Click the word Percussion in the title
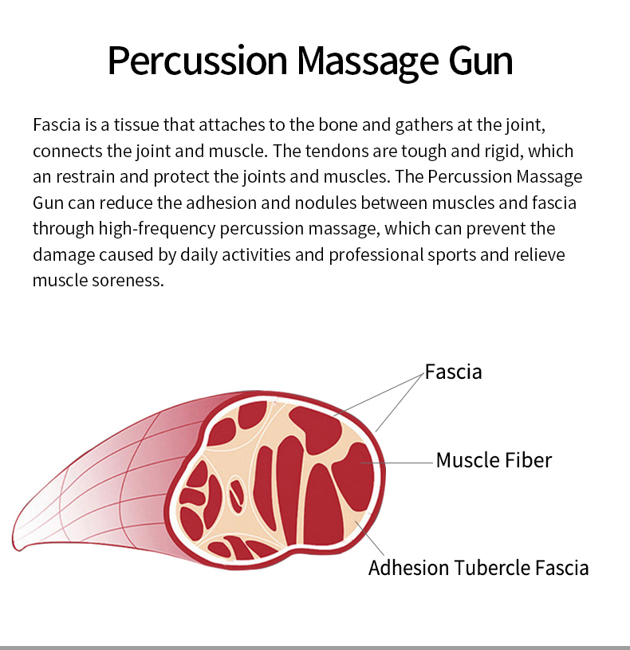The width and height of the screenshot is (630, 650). click(x=197, y=61)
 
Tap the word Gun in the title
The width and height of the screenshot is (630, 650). click(x=481, y=61)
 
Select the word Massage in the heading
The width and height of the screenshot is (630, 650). click(x=367, y=62)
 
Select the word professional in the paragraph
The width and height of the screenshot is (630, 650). click(x=376, y=255)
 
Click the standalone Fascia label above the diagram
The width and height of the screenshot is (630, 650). click(x=454, y=372)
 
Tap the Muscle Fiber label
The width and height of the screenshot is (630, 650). click(x=494, y=460)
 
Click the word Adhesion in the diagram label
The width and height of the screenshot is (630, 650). click(x=408, y=568)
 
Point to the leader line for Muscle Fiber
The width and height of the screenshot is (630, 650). click(x=396, y=463)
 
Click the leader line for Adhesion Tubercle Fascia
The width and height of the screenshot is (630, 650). click(x=370, y=538)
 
